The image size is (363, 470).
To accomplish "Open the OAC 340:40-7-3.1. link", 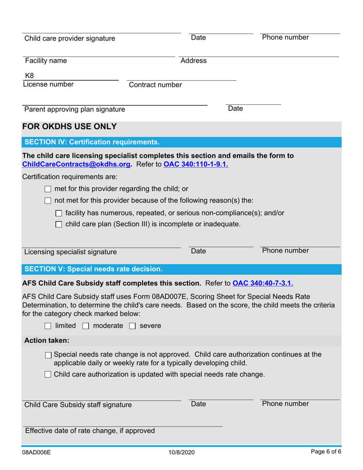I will [263, 284].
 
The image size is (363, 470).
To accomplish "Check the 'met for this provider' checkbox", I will [48, 189].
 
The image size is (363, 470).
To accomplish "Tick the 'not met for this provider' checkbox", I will [48, 201].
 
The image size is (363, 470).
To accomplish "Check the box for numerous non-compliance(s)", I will [58, 213].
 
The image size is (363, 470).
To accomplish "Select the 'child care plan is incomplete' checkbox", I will [58, 225].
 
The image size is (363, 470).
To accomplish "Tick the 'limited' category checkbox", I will [48, 326].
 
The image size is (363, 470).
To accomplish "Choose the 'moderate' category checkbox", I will [86, 326].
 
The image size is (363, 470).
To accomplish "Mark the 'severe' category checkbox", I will [132, 326].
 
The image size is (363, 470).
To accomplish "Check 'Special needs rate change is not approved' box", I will [48, 355].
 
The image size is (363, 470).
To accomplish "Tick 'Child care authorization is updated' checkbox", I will [48, 375].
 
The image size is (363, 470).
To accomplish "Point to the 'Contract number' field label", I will [156, 85].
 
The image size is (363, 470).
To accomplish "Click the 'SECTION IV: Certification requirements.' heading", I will [92, 142].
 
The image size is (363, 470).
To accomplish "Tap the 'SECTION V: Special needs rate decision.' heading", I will [94, 269].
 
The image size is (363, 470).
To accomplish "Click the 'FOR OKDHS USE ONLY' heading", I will [70, 126].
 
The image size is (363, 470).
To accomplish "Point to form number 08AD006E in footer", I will [36, 452].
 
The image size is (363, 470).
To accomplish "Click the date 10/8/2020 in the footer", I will [181, 452].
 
